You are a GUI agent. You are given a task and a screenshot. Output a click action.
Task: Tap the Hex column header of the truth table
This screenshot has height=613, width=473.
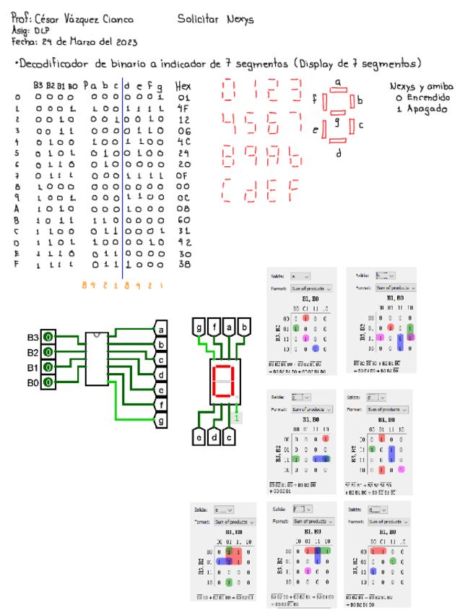183,85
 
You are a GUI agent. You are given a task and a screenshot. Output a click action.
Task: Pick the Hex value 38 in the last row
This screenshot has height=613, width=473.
183,265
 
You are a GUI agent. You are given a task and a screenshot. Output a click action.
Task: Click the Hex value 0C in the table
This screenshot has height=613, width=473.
183,197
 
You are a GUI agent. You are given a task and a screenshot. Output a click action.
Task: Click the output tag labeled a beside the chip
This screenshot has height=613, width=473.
160,330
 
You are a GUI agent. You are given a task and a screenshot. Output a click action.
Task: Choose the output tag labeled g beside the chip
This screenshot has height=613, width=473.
160,419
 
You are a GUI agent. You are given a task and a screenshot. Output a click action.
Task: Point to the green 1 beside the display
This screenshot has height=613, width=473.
237,416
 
